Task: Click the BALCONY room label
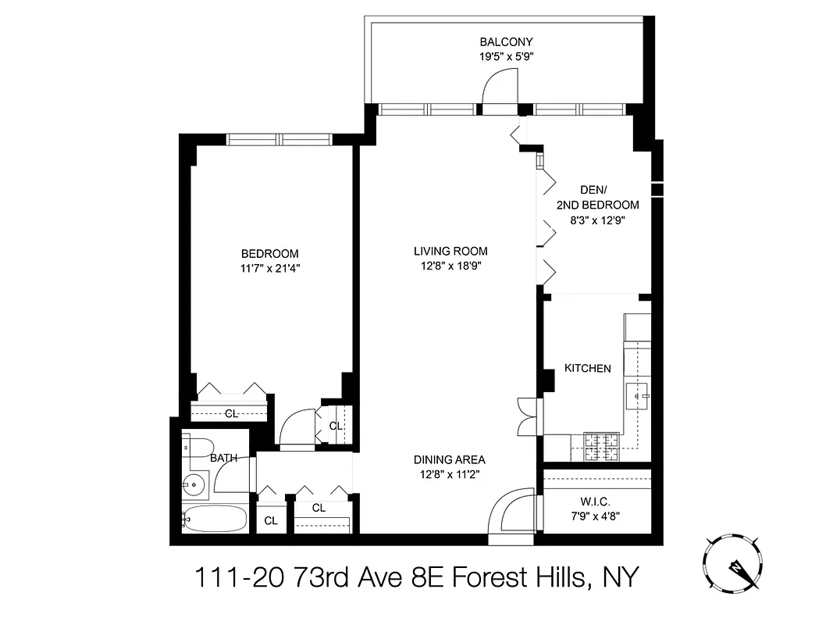pos(506,41)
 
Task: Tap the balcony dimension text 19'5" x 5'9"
pos(506,56)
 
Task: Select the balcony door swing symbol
pos(500,86)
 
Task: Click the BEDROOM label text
pos(269,254)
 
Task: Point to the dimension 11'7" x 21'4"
pos(269,268)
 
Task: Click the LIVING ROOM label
pos(450,252)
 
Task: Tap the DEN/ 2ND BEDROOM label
pos(597,198)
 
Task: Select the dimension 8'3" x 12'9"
pos(597,220)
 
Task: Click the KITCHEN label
pos(588,368)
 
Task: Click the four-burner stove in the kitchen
pos(602,445)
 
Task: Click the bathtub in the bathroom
pos(215,519)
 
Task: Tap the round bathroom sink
pos(194,484)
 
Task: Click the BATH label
pos(223,459)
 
